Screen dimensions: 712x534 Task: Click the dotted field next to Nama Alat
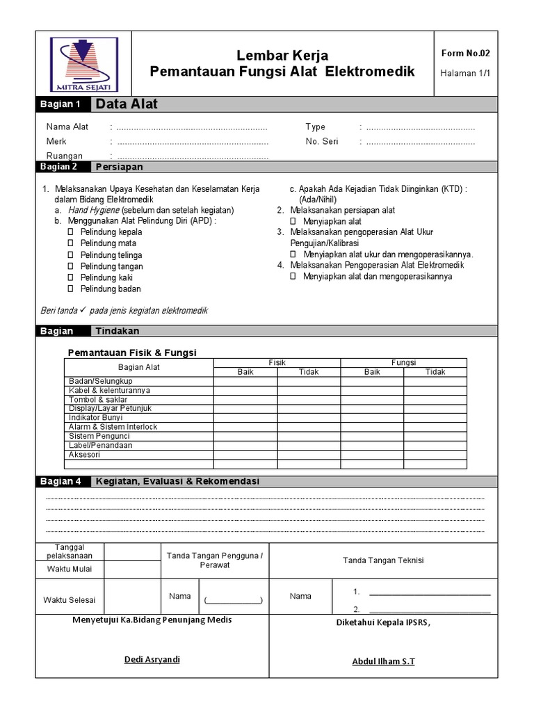(x=191, y=127)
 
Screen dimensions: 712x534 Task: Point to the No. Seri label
(x=321, y=142)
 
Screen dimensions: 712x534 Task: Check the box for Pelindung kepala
(x=70, y=232)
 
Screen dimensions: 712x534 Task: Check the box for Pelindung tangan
(x=70, y=266)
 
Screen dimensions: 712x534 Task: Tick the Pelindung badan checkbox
(x=70, y=289)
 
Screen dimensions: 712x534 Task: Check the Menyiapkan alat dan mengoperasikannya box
(x=293, y=276)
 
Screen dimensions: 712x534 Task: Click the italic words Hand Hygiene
(x=93, y=210)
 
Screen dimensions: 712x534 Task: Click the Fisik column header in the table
(x=277, y=362)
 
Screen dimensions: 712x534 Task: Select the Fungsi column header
(x=403, y=362)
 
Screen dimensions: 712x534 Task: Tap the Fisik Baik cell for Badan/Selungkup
(x=245, y=381)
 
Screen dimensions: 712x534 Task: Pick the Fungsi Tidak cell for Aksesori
(x=435, y=454)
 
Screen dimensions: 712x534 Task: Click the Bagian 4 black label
(x=61, y=481)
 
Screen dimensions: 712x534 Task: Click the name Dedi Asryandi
(x=152, y=659)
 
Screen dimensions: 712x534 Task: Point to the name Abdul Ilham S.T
(x=383, y=661)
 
